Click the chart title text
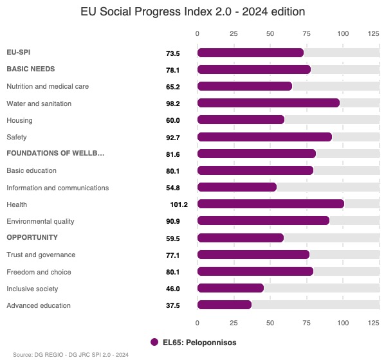pos(193,12)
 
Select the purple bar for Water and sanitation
pos(268,103)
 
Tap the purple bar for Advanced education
pos(225,305)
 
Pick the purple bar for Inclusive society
pos(230,288)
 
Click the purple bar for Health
pos(271,204)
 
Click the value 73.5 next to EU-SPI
pos(172,53)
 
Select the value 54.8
pos(172,188)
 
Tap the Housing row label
pos(19,120)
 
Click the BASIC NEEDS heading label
pos(30,69)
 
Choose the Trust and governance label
pos(41,255)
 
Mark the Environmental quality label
pos(41,221)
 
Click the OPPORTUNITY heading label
pos(32,238)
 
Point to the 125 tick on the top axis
pos(373,33)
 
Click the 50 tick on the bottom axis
pos(270,323)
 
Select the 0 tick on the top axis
pos(198,33)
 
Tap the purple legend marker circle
pos(154,343)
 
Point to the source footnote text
pos(71,354)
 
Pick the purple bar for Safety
pos(264,137)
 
